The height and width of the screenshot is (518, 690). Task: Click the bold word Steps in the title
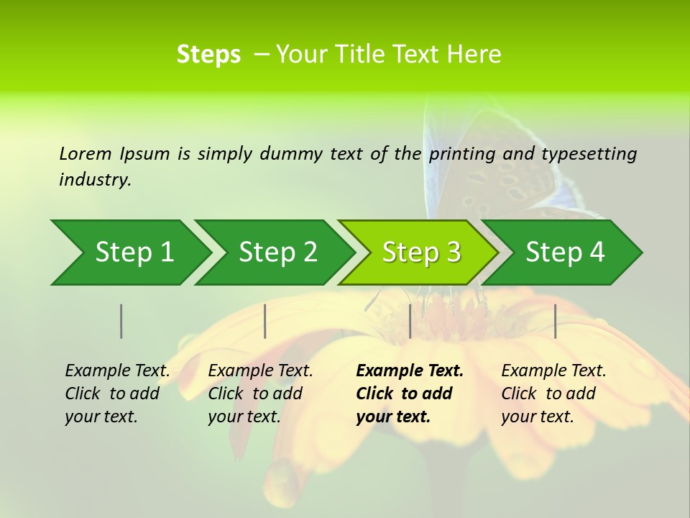pyautogui.click(x=208, y=55)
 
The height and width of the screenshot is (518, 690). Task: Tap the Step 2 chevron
pyautogui.click(x=277, y=253)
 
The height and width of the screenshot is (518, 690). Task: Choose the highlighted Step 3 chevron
pyautogui.click(x=421, y=253)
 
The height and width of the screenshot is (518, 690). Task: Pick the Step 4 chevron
pyautogui.click(x=565, y=253)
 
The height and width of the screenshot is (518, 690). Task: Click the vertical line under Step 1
pyautogui.click(x=121, y=321)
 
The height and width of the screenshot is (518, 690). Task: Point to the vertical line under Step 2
pyautogui.click(x=265, y=321)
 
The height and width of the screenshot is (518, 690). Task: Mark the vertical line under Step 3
pyautogui.click(x=410, y=321)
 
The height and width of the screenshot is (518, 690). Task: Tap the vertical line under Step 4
pyautogui.click(x=556, y=321)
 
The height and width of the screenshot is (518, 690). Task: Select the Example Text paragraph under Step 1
pyautogui.click(x=117, y=394)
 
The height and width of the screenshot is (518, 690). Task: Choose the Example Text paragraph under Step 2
pyautogui.click(x=260, y=394)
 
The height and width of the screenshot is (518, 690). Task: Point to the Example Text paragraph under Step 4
pyautogui.click(x=553, y=394)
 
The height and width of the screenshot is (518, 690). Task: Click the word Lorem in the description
pyautogui.click(x=85, y=153)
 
